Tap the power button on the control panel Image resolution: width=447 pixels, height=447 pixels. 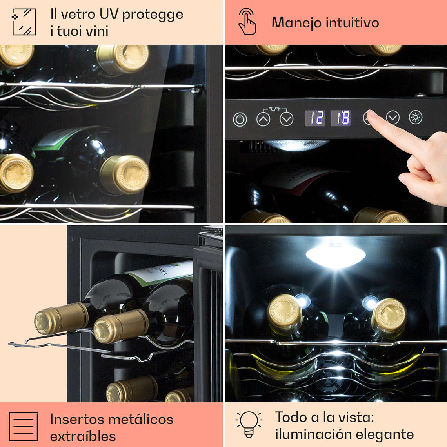tap(240, 120)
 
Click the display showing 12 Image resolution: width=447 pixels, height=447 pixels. tap(315, 118)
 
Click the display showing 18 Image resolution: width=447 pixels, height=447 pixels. tap(341, 118)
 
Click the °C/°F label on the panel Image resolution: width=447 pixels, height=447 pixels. tap(275, 109)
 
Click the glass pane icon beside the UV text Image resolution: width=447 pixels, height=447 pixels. tap(24, 22)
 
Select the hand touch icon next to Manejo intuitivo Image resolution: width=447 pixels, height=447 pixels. tap(247, 21)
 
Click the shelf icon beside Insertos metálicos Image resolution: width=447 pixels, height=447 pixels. tap(24, 427)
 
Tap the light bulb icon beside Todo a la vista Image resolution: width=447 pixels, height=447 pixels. tap(249, 424)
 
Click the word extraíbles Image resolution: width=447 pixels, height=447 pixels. tap(83, 436)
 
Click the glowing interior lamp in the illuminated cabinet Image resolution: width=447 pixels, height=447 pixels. tap(336, 254)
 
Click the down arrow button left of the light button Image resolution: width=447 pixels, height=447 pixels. tap(393, 118)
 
